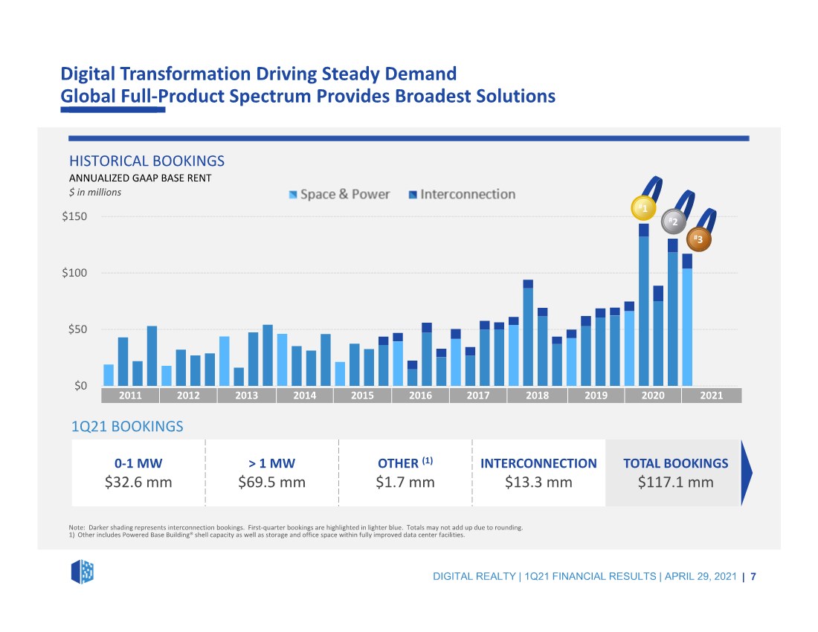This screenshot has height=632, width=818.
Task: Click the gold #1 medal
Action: (643, 208)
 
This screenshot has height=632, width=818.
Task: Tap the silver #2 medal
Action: (674, 222)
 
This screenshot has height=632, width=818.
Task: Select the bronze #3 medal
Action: (699, 239)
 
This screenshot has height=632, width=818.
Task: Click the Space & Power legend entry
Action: (339, 195)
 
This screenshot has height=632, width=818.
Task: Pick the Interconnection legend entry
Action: (462, 195)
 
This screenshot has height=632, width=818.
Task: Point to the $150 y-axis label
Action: (74, 216)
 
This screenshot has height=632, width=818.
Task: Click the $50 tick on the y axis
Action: (77, 329)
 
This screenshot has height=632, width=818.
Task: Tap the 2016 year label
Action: (420, 396)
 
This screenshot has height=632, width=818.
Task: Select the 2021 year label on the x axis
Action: (711, 396)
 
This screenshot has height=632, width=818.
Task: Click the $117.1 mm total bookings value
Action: (675, 483)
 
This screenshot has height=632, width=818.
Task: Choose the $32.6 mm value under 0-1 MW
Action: (138, 483)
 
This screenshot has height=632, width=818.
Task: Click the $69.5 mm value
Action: (271, 483)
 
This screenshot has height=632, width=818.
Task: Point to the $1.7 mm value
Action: (405, 483)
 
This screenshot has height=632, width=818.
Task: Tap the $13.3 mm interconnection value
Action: (538, 483)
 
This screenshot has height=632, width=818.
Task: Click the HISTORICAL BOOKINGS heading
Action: (146, 161)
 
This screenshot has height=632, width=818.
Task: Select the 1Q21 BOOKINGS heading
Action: (127, 427)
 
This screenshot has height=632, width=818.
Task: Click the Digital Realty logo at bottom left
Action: (83, 572)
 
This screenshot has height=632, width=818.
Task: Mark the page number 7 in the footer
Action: (753, 577)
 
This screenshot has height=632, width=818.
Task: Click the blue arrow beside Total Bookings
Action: (747, 473)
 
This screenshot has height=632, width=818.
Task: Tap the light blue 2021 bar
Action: (687, 327)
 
